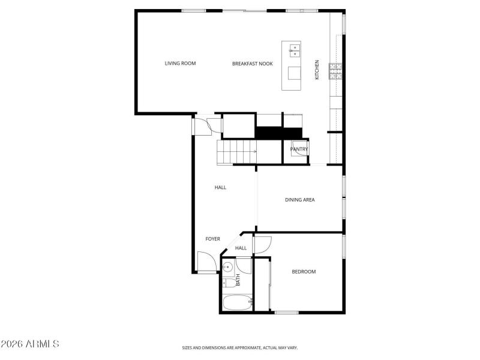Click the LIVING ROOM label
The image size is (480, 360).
coord(180,64)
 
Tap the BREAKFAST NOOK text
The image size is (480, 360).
coord(252,64)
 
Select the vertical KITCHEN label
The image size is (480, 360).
coord(317,70)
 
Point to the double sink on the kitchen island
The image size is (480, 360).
coord(294,50)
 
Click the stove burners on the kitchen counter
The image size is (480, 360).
coord(335,71)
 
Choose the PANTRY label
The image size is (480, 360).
coord(299,149)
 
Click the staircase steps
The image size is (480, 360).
coord(236,151)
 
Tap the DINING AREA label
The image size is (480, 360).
coord(299,200)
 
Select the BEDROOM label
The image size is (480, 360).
coord(303,272)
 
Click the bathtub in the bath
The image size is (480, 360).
coord(236,303)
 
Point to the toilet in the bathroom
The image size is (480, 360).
coord(228,283)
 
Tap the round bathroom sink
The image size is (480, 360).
coord(228,268)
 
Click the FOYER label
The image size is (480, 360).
coord(212,239)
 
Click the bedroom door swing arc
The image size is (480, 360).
coord(263,244)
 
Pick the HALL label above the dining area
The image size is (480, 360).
coord(220,187)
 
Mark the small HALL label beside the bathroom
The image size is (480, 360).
coord(241,248)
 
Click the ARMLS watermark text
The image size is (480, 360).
coord(30,344)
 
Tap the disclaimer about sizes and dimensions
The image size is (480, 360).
coord(239,347)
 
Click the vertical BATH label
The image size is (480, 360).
coord(238,280)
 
